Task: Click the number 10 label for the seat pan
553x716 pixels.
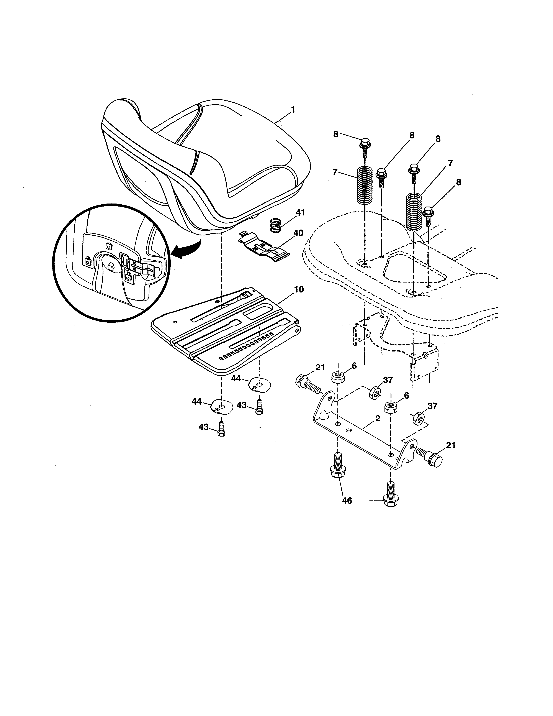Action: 299,289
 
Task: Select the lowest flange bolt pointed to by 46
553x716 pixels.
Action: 389,500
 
